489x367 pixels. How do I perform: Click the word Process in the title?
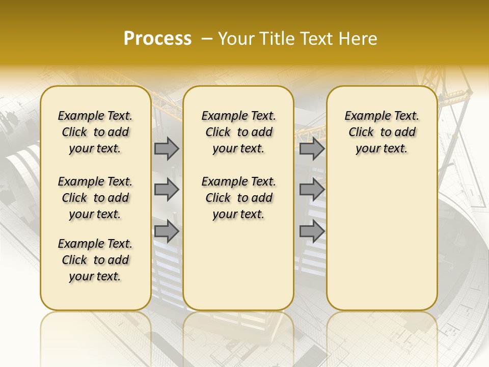pyautogui.click(x=157, y=39)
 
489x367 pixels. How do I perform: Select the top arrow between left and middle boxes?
pyautogui.click(x=167, y=149)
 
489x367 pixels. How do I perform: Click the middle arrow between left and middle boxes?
pyautogui.click(x=167, y=190)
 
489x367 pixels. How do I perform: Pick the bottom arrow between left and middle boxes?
pyautogui.click(x=167, y=231)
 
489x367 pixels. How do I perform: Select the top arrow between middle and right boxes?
pyautogui.click(x=312, y=149)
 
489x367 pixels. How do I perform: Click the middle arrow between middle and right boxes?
pyautogui.click(x=312, y=190)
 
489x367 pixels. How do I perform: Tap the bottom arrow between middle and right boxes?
pyautogui.click(x=312, y=231)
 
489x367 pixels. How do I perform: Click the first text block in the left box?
pyautogui.click(x=95, y=132)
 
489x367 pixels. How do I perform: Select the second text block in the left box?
pyautogui.click(x=95, y=198)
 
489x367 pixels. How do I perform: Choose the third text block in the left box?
pyautogui.click(x=95, y=260)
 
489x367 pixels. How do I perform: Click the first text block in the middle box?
pyautogui.click(x=238, y=132)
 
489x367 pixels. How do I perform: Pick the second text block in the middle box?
pyautogui.click(x=238, y=198)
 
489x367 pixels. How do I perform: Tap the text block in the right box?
pyautogui.click(x=382, y=132)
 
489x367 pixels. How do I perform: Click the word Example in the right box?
pyautogui.click(x=364, y=116)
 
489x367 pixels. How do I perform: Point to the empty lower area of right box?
pyautogui.click(x=382, y=240)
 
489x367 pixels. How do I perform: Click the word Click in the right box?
pyautogui.click(x=361, y=133)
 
